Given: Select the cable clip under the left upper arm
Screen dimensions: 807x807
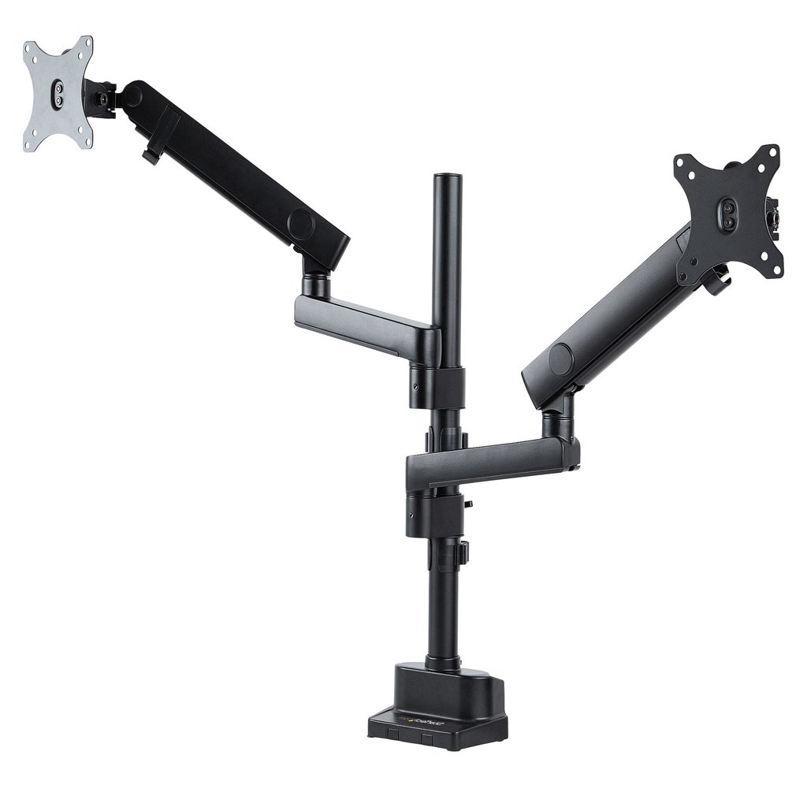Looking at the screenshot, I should click(150, 155).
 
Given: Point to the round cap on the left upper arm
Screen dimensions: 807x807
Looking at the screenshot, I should click(302, 224).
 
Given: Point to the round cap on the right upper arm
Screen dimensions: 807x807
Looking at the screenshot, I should click(561, 360).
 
